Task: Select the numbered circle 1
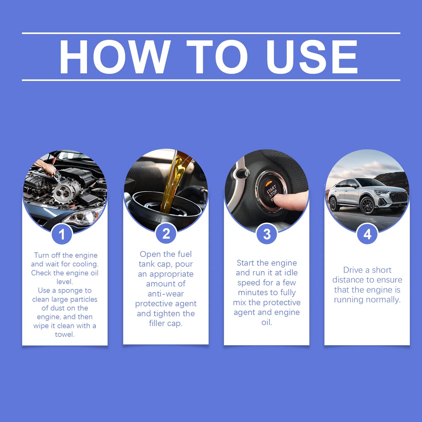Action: pyautogui.click(x=62, y=234)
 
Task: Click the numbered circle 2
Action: pyautogui.click(x=166, y=234)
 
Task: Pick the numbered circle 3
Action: pyautogui.click(x=267, y=234)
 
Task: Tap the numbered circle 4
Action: pyautogui.click(x=367, y=234)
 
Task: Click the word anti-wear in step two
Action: pyautogui.click(x=166, y=294)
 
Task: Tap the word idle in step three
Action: pyautogui.click(x=290, y=273)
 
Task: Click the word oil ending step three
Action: pyautogui.click(x=266, y=322)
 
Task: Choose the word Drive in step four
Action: pyautogui.click(x=353, y=270)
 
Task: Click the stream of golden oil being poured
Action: pyautogui.click(x=172, y=184)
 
